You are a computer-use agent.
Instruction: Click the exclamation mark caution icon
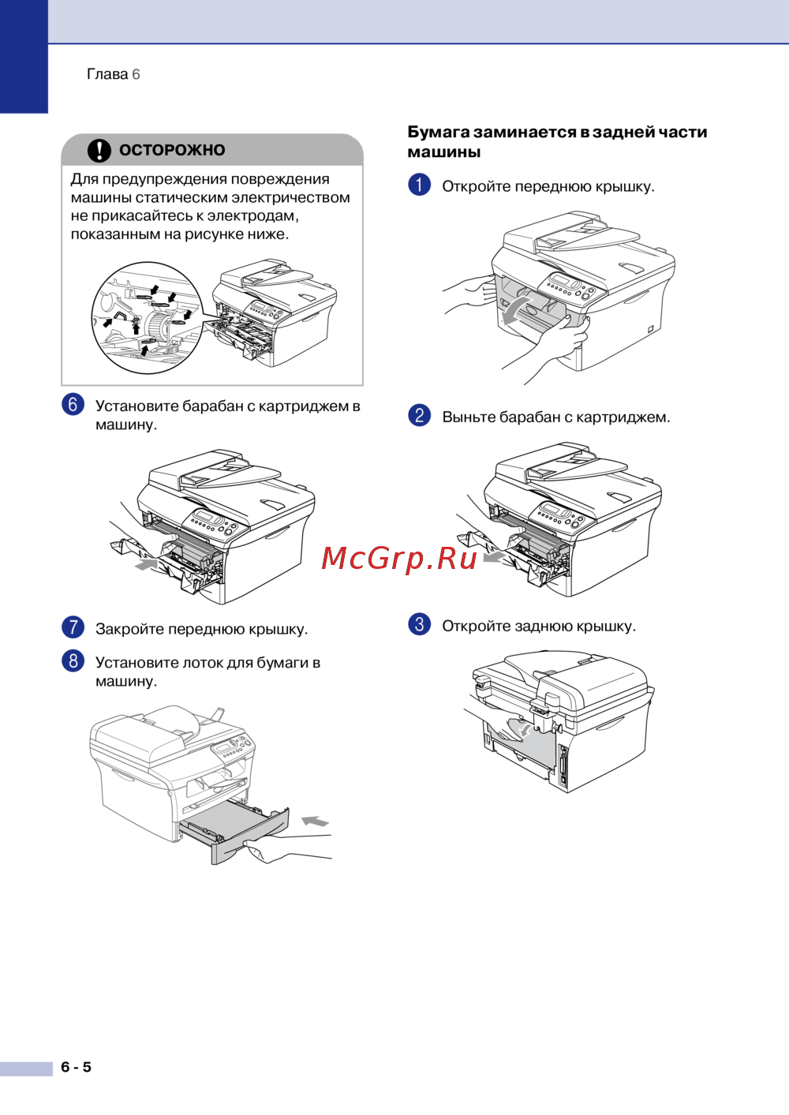click(99, 150)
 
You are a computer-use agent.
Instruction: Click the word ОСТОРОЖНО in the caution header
click(172, 150)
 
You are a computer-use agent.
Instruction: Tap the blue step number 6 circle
click(73, 404)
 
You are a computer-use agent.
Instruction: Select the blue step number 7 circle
click(73, 627)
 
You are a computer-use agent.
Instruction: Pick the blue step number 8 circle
click(73, 660)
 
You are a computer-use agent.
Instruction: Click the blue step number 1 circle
click(419, 185)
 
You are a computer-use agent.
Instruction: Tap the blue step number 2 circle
click(419, 415)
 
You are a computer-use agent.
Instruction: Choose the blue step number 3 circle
click(419, 623)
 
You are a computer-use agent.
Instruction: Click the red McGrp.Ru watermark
click(399, 559)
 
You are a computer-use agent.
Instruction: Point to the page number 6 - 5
click(77, 1067)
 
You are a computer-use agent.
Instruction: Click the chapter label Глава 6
click(114, 74)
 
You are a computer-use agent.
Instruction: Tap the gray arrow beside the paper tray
click(315, 821)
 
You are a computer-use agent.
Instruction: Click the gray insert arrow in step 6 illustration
click(146, 564)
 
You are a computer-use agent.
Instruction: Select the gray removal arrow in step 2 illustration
click(494, 557)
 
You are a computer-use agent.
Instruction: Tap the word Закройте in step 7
click(129, 629)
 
